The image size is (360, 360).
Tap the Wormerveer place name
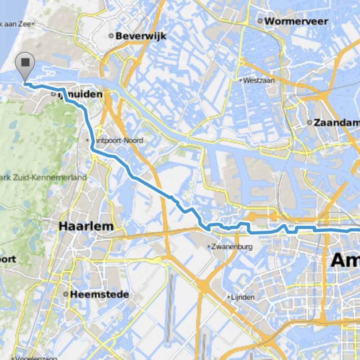click(290, 21)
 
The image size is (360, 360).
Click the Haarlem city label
click(86, 227)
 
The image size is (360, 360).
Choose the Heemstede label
click(100, 295)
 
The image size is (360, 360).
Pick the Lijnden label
click(243, 297)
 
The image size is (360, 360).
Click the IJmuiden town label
click(83, 95)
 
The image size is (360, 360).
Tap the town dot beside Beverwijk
click(112, 36)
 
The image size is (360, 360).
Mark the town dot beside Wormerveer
click(260, 21)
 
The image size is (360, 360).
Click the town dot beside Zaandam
click(310, 122)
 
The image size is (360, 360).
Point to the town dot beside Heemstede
click(66, 295)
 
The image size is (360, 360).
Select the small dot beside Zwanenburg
click(209, 247)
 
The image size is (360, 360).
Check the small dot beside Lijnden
click(229, 297)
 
